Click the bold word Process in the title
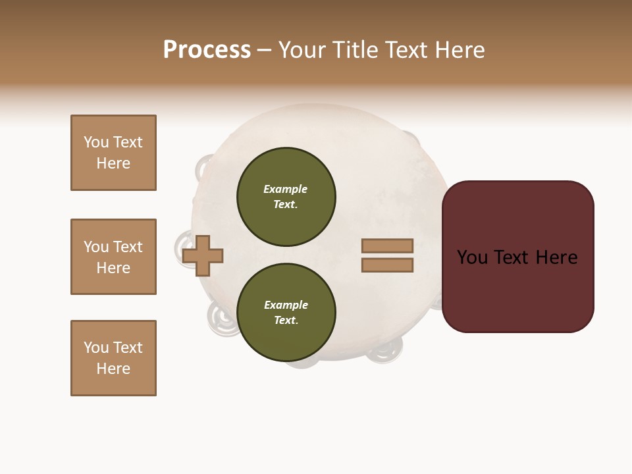tap(207, 50)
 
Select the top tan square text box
tap(113, 153)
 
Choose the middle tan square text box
tap(113, 257)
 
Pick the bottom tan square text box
tap(113, 358)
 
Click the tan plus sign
tap(203, 255)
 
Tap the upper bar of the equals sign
tap(387, 246)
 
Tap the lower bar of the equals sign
tap(387, 265)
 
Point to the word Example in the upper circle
tap(286, 189)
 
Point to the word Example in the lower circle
tap(286, 305)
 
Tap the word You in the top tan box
tap(95, 142)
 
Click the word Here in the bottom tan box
tap(113, 369)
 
